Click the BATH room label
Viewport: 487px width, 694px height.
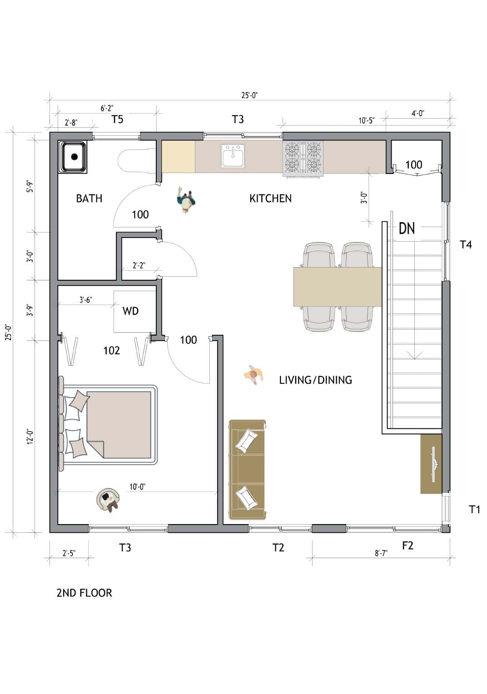89,198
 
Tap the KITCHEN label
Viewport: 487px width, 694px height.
270,198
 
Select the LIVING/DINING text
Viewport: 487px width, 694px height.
315,380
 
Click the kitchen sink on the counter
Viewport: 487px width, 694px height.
233,156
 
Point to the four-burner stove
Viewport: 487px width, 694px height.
303,158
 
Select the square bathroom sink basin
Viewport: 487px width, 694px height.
73,157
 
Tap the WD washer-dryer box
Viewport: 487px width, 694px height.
131,312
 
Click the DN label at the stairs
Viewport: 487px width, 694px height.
407,228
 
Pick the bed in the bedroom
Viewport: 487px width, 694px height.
109,425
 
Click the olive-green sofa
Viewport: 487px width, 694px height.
248,470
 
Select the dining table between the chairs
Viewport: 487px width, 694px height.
337,287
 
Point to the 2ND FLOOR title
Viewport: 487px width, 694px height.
84,593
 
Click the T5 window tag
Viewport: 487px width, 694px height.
117,119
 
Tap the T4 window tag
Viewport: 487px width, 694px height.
466,245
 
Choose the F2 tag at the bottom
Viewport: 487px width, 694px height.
407,545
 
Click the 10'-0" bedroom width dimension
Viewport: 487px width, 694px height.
137,487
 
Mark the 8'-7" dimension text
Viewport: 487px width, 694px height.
381,553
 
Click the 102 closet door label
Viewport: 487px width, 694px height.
111,350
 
